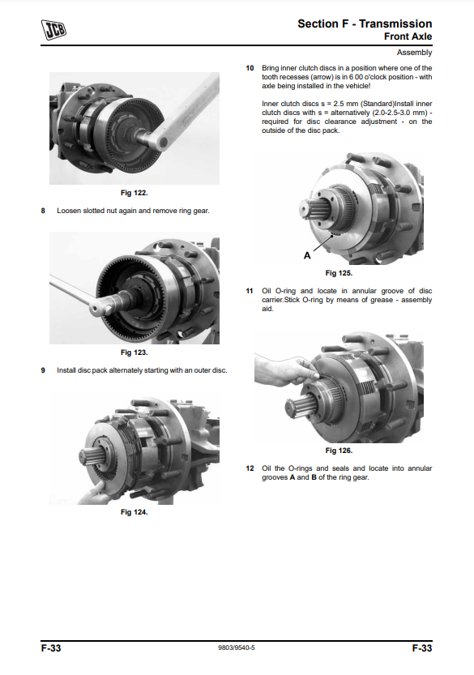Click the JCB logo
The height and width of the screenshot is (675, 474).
click(x=53, y=30)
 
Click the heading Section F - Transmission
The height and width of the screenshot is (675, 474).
click(x=365, y=23)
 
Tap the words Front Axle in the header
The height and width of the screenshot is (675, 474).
click(x=408, y=36)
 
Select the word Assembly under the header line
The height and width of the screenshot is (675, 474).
click(x=414, y=53)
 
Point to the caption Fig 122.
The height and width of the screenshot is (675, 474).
click(x=134, y=193)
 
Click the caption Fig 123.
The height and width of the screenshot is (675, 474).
click(x=134, y=352)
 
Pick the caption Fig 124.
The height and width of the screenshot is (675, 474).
click(x=134, y=512)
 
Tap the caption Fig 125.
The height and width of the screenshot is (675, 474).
click(x=339, y=273)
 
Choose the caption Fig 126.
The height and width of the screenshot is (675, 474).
click(x=339, y=451)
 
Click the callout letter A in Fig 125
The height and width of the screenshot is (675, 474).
click(x=307, y=256)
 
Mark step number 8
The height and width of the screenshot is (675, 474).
click(x=43, y=211)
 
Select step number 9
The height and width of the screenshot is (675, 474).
click(x=43, y=370)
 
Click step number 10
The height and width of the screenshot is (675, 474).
click(x=250, y=68)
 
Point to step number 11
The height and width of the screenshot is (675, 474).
click(x=250, y=291)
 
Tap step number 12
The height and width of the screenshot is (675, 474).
click(x=250, y=468)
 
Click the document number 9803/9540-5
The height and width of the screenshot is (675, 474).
click(x=237, y=648)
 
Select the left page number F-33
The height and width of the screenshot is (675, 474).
click(x=51, y=648)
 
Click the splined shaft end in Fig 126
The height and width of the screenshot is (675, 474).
click(x=297, y=407)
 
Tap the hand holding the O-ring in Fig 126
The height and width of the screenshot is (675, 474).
click(x=284, y=370)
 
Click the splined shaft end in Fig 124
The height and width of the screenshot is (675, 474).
click(x=90, y=455)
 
